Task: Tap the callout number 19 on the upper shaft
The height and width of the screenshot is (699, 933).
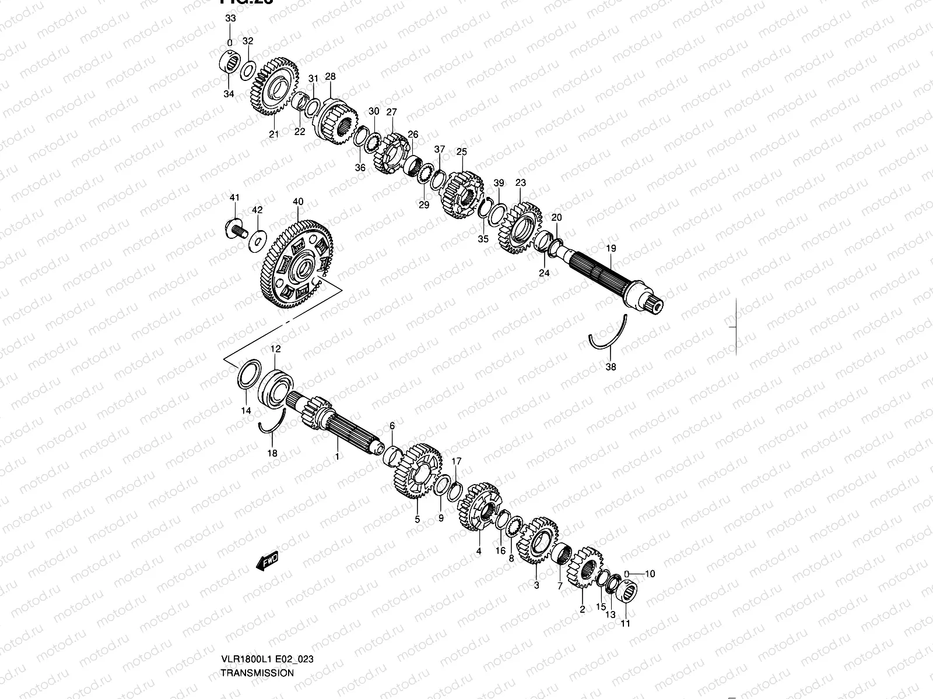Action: point(611,249)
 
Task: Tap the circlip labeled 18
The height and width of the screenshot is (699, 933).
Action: point(272,429)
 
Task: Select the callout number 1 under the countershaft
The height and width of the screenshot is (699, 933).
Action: point(336,457)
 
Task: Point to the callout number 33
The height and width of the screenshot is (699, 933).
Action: point(230,19)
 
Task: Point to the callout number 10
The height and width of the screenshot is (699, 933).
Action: point(650,574)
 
